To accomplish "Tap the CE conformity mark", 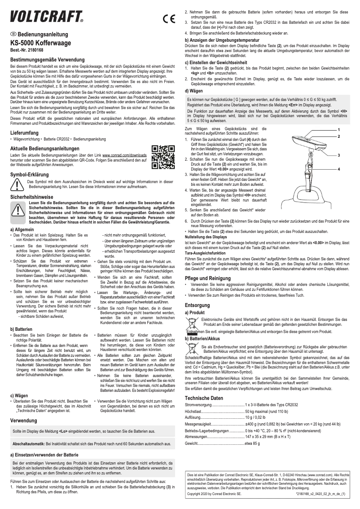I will [169, 19].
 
